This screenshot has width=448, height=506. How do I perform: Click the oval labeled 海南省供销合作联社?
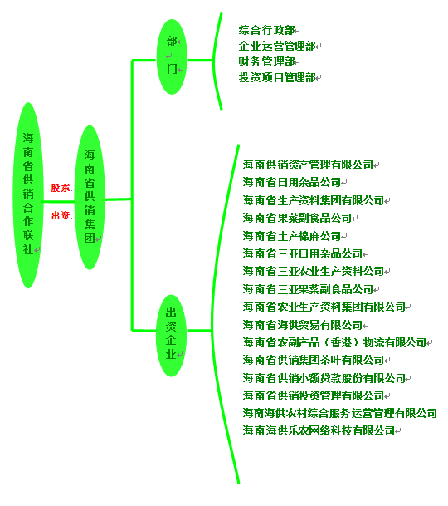click(28, 195)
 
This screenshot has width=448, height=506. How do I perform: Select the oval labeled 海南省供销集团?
click(90, 197)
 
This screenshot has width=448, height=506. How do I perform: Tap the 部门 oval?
click(172, 56)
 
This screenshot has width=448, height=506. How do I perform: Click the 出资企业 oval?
click(172, 336)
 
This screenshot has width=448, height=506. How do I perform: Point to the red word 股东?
click(61, 188)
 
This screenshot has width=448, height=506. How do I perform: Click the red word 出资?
click(61, 215)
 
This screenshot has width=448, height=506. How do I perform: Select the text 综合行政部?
click(266, 30)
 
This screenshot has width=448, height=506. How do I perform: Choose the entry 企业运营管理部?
click(277, 46)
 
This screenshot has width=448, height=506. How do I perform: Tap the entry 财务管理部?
click(266, 61)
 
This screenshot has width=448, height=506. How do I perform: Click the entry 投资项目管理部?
click(277, 77)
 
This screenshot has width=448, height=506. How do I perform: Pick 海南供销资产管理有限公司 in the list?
click(308, 165)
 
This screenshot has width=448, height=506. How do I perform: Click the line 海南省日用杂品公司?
click(292, 182)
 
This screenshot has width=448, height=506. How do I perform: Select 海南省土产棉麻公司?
click(292, 236)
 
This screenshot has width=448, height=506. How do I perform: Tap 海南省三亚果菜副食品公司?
click(308, 289)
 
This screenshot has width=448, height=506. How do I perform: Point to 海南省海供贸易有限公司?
click(303, 325)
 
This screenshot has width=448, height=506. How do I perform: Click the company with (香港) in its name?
click(334, 342)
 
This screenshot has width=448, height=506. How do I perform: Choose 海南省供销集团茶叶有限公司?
click(314, 360)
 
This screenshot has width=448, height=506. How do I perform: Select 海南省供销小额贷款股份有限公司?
click(324, 378)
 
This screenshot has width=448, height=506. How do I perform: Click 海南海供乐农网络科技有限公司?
click(319, 430)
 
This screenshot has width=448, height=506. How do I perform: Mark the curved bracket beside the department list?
click(213, 61)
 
